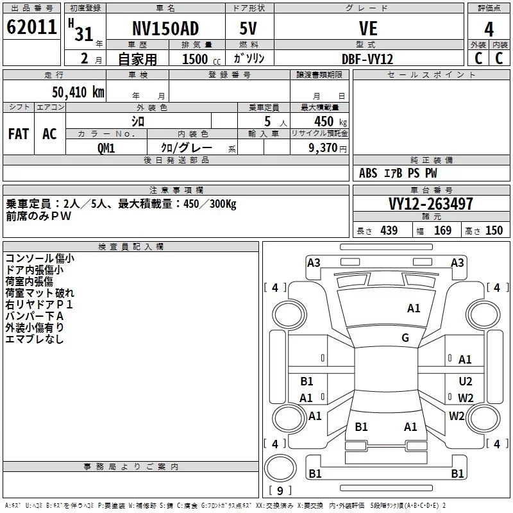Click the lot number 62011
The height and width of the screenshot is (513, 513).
point(31,27)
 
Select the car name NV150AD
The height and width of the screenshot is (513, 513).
point(165,28)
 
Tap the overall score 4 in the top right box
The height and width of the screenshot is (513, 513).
point(489,29)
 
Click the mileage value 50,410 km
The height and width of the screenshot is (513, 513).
point(78,92)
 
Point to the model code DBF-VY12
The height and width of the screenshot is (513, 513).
point(367,59)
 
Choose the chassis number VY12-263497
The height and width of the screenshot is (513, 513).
point(431,204)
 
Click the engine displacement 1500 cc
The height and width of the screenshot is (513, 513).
point(201,59)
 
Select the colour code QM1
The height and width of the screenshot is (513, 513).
point(106,148)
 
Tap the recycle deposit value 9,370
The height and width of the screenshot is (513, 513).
point(323,148)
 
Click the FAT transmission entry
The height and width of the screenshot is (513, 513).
point(19,134)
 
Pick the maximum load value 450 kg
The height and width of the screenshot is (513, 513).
point(330,121)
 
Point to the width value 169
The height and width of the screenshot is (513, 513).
point(442,230)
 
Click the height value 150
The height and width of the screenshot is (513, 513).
point(494,230)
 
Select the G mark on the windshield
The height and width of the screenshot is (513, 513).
point(405,338)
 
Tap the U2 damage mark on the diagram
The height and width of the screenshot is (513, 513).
point(466,381)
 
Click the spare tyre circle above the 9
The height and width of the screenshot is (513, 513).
point(280,468)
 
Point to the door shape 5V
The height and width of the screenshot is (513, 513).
point(248,28)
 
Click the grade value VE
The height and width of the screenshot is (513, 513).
point(368,28)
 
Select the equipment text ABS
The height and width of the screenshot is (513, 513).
point(368,173)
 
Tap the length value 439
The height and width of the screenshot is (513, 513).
point(389,230)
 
